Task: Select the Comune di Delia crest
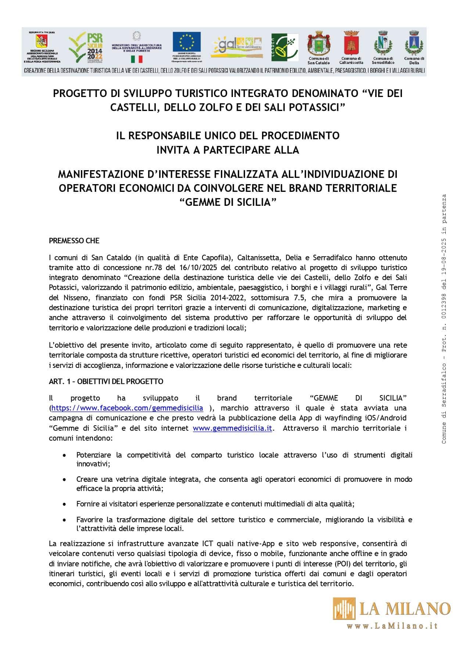pos(414,43)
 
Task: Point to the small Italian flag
pos(137,59)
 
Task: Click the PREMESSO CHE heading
pos(74,241)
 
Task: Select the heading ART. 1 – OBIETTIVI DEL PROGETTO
pos(106,381)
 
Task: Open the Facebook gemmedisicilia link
pos(127,408)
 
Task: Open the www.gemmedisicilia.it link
pos(232,428)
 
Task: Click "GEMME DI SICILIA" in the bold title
pos(228,202)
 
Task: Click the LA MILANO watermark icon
pos(344,608)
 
